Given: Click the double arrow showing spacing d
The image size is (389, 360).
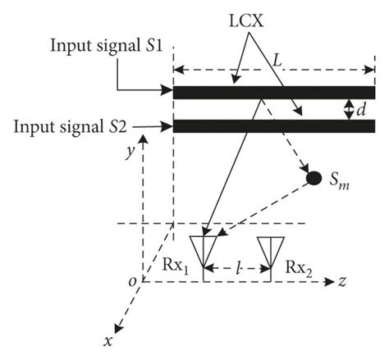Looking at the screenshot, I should pyautogui.click(x=348, y=108).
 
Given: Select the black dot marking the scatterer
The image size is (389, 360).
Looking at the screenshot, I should pyautogui.click(x=313, y=177).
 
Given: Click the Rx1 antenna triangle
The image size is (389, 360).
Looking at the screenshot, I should pyautogui.click(x=202, y=248).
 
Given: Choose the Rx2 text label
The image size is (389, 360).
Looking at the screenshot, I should pyautogui.click(x=297, y=267).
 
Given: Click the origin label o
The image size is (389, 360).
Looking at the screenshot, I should pyautogui.click(x=131, y=282).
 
